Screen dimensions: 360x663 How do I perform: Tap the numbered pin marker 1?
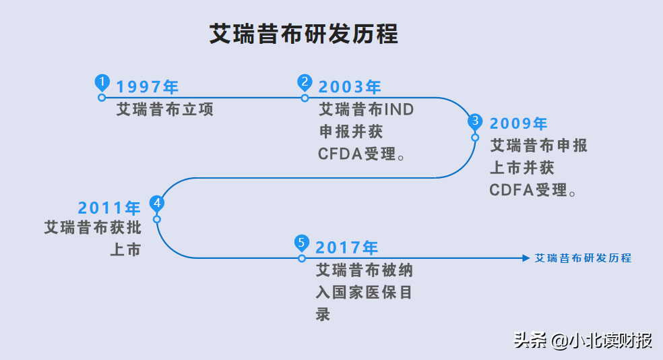tap(102, 82)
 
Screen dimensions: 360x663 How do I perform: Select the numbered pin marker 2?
tap(305, 82)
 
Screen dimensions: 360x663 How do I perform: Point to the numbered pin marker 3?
tap(475, 121)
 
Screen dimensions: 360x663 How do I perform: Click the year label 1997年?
tap(147, 87)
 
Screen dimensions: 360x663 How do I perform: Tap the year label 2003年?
tap(350, 87)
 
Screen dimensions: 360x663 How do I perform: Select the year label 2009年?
tap(519, 123)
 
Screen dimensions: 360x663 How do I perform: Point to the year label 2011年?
tap(109, 208)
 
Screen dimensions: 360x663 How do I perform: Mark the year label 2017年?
tap(346, 247)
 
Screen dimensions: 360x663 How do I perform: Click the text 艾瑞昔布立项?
tap(165, 109)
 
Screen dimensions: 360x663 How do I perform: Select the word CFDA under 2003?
tap(340, 154)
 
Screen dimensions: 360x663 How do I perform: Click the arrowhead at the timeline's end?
tap(526, 258)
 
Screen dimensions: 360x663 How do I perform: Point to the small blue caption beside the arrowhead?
tap(583, 258)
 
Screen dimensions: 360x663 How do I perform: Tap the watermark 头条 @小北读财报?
tap(583, 340)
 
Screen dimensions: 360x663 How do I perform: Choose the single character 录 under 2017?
tap(323, 314)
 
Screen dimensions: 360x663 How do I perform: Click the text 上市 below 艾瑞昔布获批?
tap(125, 249)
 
